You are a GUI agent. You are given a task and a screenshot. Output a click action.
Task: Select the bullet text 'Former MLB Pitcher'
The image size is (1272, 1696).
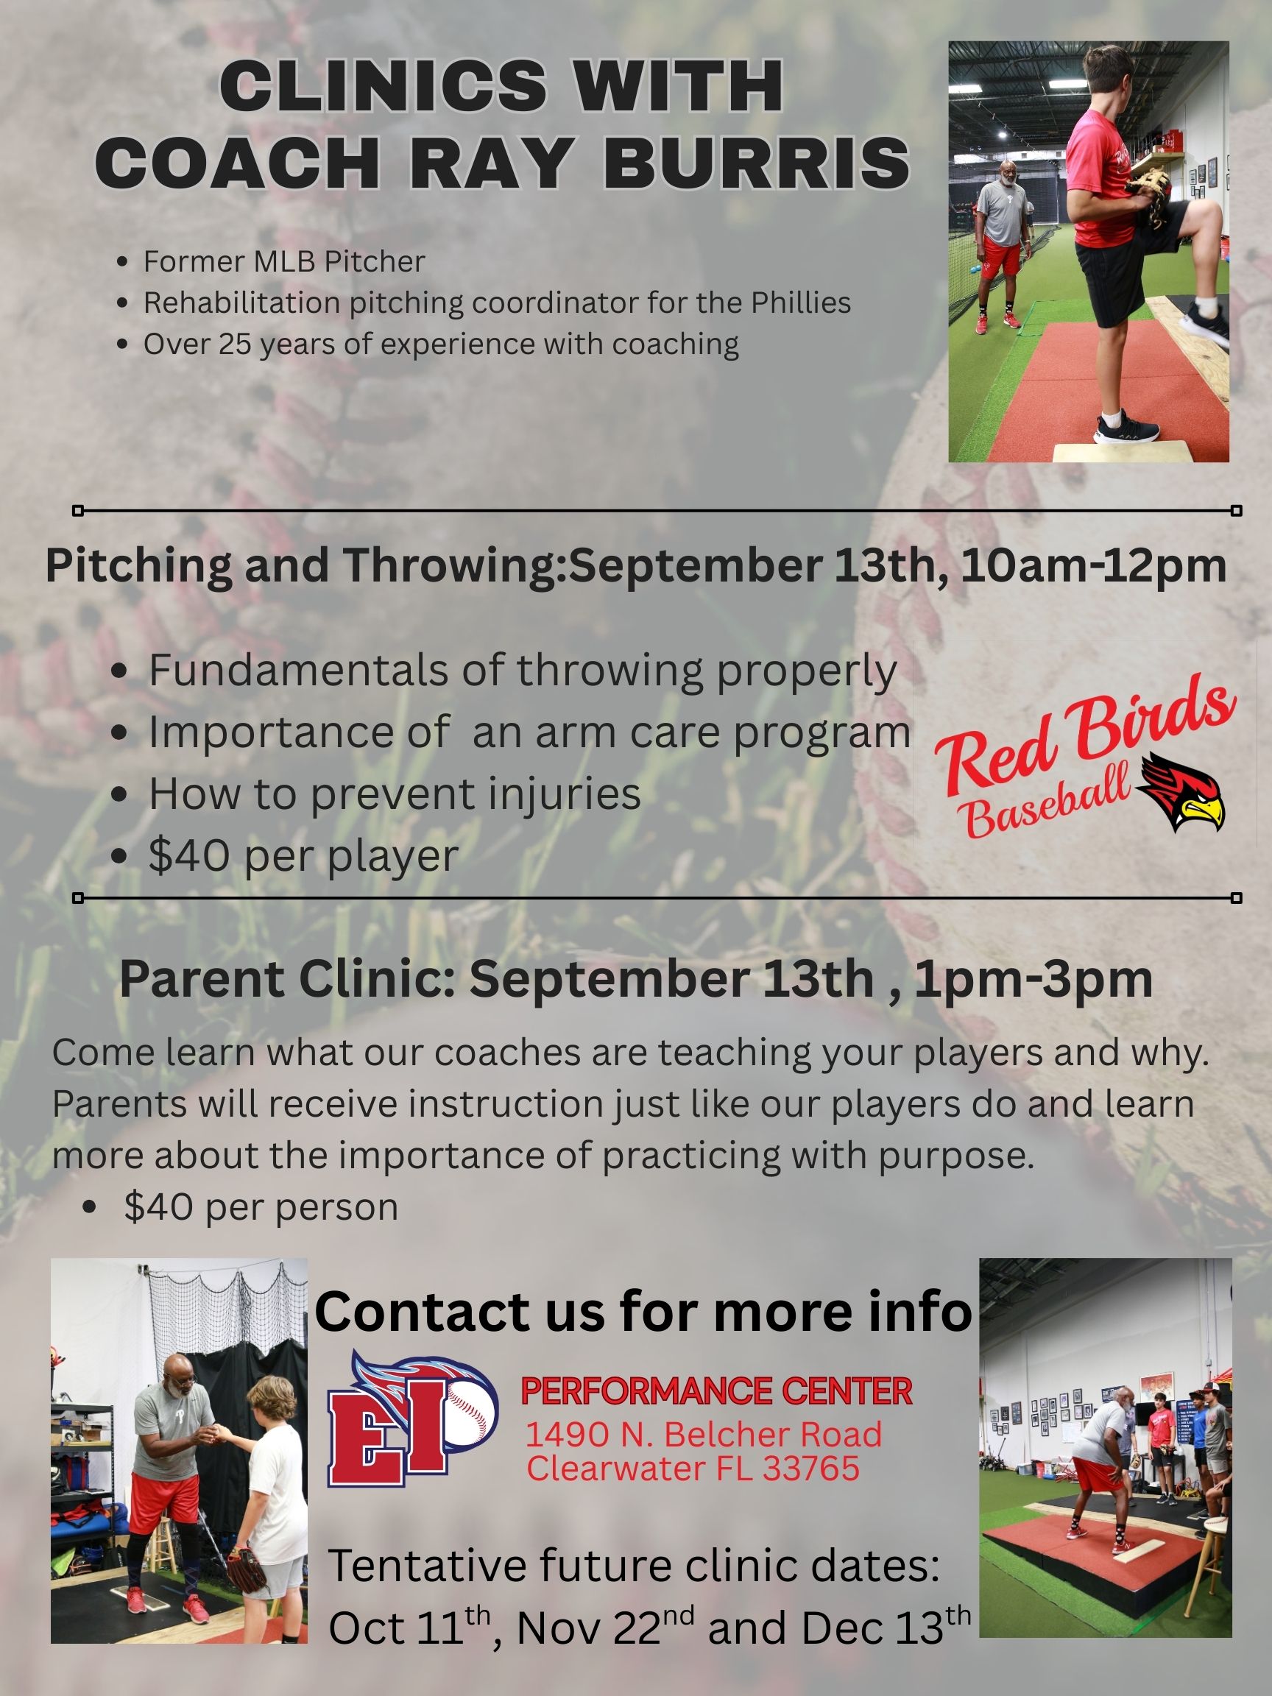[x=283, y=261]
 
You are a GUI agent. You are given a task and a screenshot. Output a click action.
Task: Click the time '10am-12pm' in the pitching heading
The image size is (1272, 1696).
[x=1092, y=566]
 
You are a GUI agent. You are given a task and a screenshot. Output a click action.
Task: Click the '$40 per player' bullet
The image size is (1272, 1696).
[x=303, y=855]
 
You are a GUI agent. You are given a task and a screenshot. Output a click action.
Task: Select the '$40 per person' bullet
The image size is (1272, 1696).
[x=261, y=1206]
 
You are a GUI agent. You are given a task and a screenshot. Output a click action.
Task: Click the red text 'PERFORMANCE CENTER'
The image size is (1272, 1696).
[x=716, y=1391]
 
